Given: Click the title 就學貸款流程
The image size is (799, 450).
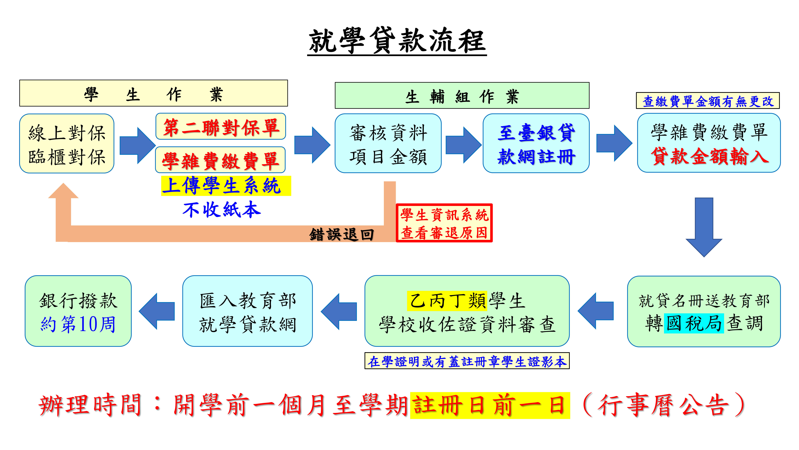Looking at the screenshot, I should [x=397, y=41].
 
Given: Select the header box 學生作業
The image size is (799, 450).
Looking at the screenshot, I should [x=154, y=93].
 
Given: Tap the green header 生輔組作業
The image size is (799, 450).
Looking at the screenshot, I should [x=462, y=96].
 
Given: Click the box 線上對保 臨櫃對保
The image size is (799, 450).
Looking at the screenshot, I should [x=67, y=144].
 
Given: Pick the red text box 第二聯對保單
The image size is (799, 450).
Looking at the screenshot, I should [x=221, y=127].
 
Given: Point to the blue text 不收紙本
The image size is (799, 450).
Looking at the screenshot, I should [x=222, y=210].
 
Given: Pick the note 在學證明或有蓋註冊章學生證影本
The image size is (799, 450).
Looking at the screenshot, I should [x=467, y=361].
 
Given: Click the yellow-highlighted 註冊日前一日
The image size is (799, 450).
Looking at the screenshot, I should [x=490, y=405].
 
